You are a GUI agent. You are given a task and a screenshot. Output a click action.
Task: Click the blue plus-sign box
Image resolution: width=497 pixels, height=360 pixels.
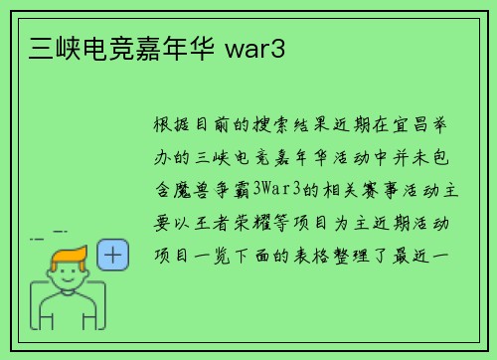point(114,256)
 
